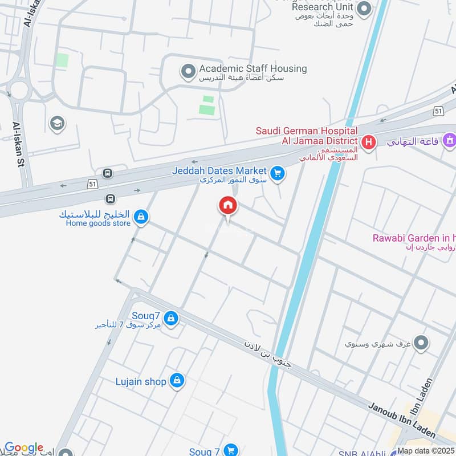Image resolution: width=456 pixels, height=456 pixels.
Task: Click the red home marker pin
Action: pyautogui.click(x=228, y=206)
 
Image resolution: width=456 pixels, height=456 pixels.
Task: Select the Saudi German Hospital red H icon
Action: pyautogui.click(x=369, y=141)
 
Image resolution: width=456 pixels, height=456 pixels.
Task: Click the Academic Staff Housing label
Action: pyautogui.click(x=253, y=69)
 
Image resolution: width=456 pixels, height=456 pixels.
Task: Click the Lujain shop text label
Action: pyautogui.click(x=140, y=381)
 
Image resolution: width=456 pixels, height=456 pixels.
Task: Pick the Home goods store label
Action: pyautogui.click(x=98, y=223)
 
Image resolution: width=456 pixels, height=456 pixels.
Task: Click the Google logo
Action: pyautogui.click(x=23, y=448)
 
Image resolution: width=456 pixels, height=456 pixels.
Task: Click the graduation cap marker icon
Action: pyautogui.click(x=57, y=123)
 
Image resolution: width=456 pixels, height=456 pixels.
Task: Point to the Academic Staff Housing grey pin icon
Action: pyautogui.click(x=188, y=72)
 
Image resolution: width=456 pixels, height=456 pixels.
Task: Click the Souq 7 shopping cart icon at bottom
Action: pyautogui.click(x=230, y=451)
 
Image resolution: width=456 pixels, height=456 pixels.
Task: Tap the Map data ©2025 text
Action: pyautogui.click(x=426, y=451)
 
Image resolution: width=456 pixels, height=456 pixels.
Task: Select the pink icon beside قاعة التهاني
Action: pyautogui.click(x=449, y=139)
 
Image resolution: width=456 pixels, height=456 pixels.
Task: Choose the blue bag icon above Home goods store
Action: pyautogui.click(x=141, y=216)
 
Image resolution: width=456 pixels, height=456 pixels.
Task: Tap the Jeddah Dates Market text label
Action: pyautogui.click(x=220, y=170)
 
